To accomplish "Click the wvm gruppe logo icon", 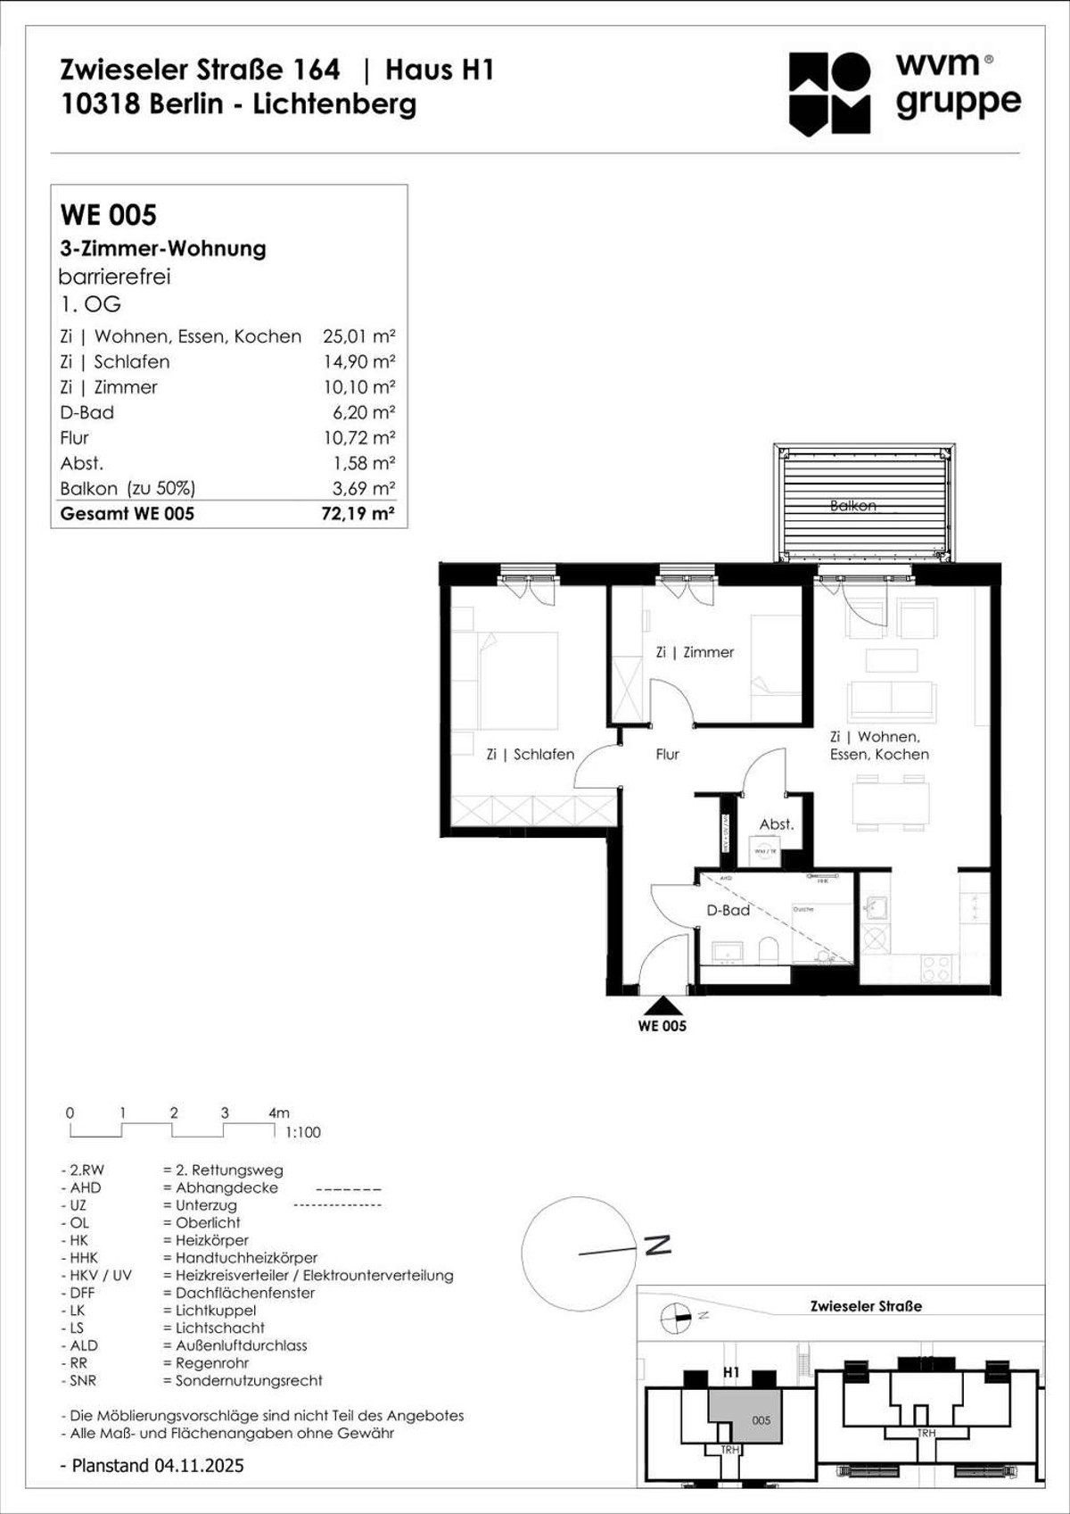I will [x=829, y=93].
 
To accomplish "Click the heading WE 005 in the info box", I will [x=108, y=215].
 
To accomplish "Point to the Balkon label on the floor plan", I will [x=852, y=506].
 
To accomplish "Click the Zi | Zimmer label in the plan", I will [x=695, y=652].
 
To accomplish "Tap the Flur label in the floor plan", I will [x=667, y=754].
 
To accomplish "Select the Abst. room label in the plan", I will [x=776, y=824].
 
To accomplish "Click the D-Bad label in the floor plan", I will [x=728, y=910].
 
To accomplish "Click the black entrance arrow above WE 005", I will [x=662, y=1005].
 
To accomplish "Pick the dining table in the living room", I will [x=890, y=803].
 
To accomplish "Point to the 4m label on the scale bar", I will [x=278, y=1113].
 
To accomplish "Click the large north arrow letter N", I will [x=658, y=1245].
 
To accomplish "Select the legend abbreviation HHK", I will [x=85, y=1258].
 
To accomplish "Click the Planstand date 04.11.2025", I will [x=199, y=1466].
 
